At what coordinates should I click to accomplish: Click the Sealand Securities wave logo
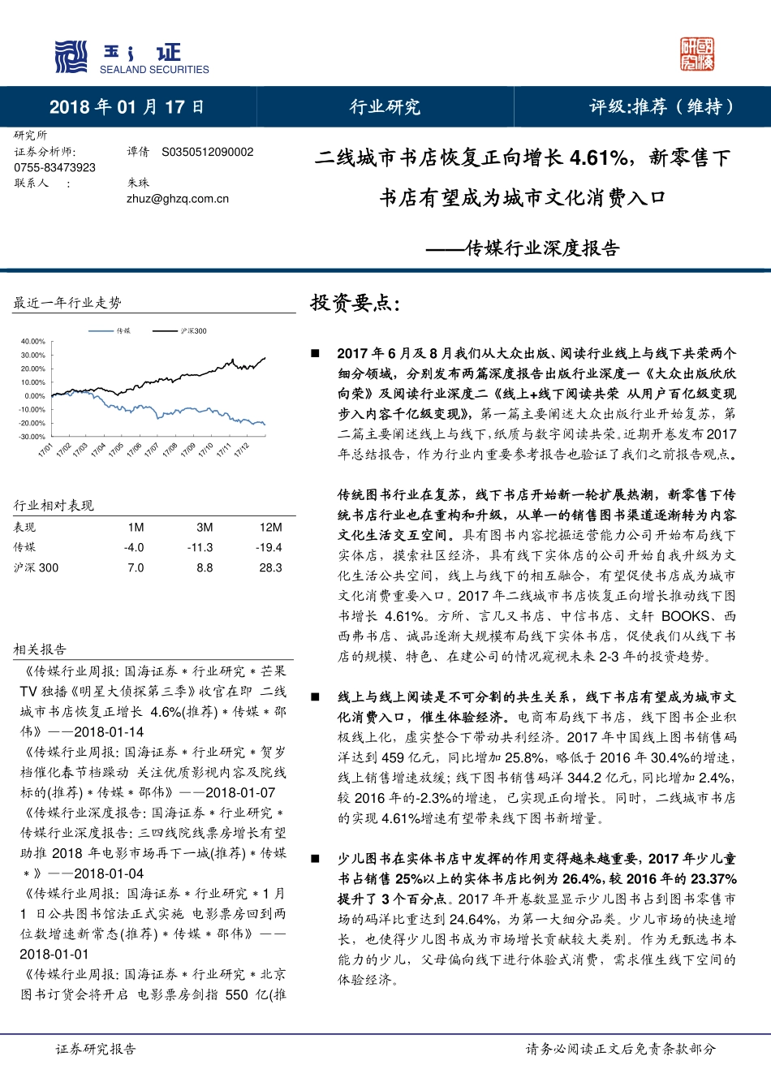coord(71,57)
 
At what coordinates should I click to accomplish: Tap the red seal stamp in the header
coord(697,54)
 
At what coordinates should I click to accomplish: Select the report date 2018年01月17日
coord(127,107)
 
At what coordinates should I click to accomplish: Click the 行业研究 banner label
coord(385,107)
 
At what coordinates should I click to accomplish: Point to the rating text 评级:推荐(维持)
coord(661,107)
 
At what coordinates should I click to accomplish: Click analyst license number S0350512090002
coord(208,152)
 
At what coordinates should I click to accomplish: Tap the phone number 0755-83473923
coord(54,167)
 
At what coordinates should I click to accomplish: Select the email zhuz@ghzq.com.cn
coord(178,198)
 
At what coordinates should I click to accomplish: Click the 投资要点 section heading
coord(355,304)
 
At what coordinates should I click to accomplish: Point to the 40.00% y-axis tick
coord(33,342)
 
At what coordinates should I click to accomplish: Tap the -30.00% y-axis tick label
coord(32,437)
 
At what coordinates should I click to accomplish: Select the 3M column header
coord(205,527)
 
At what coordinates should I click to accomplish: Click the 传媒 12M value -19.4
coord(270,547)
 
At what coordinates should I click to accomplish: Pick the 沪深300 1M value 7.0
coord(136,567)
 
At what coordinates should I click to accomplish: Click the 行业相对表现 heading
coord(54,505)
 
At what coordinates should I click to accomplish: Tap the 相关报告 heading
coord(40,649)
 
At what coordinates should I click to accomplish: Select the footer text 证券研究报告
coord(96,1049)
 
